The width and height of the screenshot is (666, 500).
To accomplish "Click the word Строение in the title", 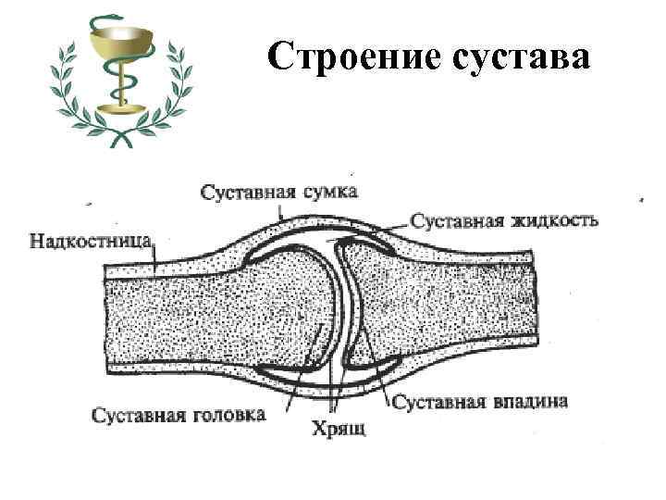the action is [x=351, y=56].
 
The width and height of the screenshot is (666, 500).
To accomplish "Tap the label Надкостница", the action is [x=91, y=243].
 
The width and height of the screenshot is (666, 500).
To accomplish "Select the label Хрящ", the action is [x=339, y=429].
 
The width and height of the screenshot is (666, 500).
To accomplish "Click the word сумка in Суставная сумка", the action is [x=327, y=192].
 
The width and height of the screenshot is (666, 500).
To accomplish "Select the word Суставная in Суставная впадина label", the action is [x=438, y=402].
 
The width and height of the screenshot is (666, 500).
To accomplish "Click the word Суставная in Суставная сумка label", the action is [x=245, y=192].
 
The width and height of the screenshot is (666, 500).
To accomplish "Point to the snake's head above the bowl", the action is [x=103, y=19].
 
